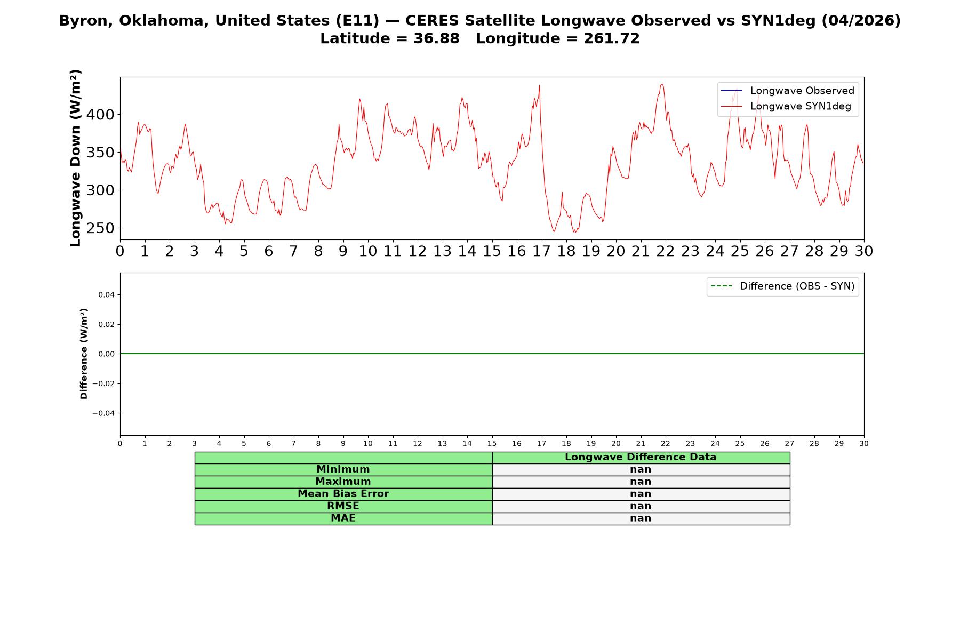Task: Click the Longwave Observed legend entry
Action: click(x=787, y=91)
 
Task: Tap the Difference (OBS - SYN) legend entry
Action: click(x=782, y=286)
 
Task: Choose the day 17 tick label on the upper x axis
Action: click(x=541, y=251)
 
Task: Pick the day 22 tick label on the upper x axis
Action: click(x=666, y=251)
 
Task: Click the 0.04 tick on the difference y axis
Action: click(x=106, y=295)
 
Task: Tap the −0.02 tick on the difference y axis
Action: click(x=103, y=384)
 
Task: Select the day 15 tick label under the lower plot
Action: click(x=492, y=444)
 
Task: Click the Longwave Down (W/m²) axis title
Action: click(x=75, y=158)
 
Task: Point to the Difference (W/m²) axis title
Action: click(x=84, y=354)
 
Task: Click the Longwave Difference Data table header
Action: click(x=641, y=457)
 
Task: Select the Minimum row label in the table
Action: click(x=343, y=469)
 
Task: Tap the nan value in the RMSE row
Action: click(x=641, y=506)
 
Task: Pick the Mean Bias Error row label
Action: click(x=343, y=494)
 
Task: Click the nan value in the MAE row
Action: click(x=641, y=518)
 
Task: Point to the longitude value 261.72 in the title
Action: click(x=612, y=38)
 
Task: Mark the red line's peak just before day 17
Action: click(x=539, y=85)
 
